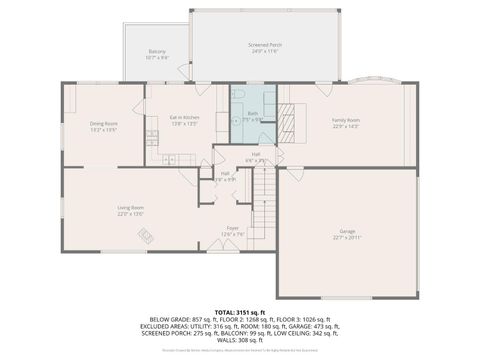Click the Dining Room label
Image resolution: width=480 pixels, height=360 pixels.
104,124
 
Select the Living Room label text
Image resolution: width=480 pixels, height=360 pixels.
130,208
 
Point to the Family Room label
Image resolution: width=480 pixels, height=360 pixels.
346,120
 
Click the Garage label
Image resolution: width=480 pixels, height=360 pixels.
347,232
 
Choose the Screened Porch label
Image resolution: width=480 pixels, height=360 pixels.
265,45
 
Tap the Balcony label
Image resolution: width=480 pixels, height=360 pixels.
157,52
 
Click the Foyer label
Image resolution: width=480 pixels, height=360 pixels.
232,229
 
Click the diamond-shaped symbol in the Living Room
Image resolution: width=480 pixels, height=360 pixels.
145,237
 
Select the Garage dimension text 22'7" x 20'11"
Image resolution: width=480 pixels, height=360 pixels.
347,239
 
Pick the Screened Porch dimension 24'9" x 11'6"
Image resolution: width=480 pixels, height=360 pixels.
265,52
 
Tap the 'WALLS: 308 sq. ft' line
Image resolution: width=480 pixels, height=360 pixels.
240,341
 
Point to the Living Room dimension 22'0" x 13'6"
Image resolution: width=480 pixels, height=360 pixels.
130,214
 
